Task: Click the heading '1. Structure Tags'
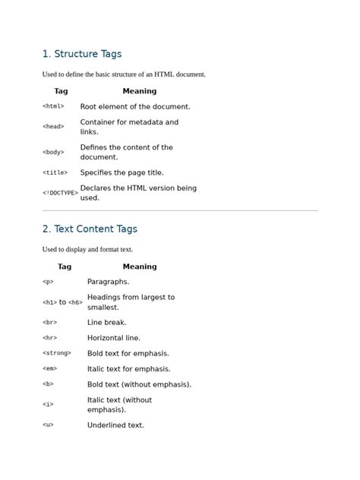click(x=82, y=54)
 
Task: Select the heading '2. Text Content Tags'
click(x=90, y=229)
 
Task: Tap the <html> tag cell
click(x=53, y=107)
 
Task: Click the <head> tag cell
click(x=53, y=127)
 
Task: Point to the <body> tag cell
click(x=53, y=152)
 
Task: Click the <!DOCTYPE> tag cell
click(x=60, y=193)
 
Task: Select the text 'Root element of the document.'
click(x=135, y=107)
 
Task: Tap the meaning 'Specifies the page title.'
click(x=122, y=172)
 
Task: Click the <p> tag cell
click(x=48, y=282)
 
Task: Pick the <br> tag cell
click(x=49, y=323)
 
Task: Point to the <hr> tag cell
click(x=49, y=338)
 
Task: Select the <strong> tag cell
click(x=57, y=353)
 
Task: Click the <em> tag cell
click(x=49, y=369)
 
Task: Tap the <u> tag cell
click(x=48, y=425)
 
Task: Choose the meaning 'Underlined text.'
click(x=115, y=425)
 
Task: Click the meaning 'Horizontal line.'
click(x=114, y=338)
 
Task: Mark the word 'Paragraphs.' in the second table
click(x=109, y=282)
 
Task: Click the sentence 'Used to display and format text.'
click(x=87, y=249)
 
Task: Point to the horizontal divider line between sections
click(x=180, y=210)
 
